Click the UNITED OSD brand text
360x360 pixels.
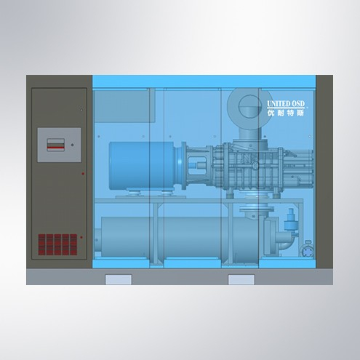tap(286, 104)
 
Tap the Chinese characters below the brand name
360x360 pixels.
tap(286, 113)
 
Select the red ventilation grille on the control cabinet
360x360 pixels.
tap(57, 244)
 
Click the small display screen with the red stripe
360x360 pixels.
tap(56, 145)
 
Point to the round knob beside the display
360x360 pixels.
tap(72, 145)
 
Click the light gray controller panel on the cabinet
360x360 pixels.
tap(59, 145)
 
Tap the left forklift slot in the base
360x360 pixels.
tap(119, 279)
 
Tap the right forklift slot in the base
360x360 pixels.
tap(241, 279)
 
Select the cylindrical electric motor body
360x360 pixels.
tap(142, 165)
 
